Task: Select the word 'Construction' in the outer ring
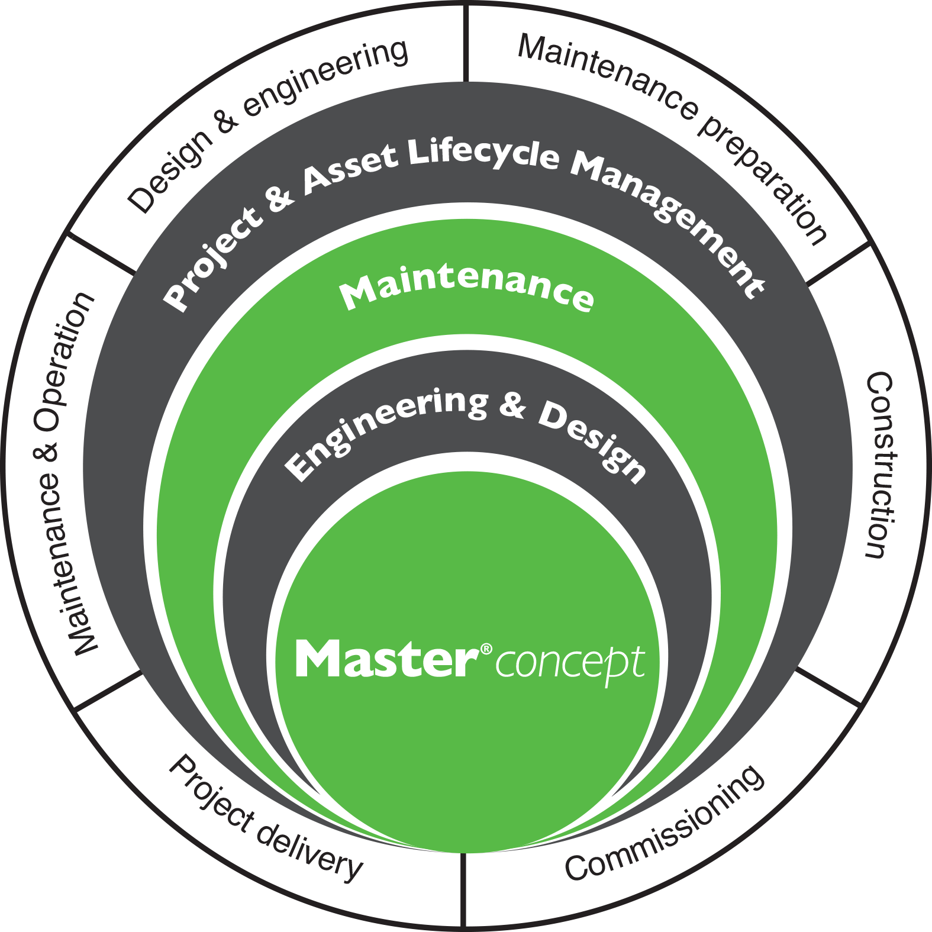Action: [x=879, y=465]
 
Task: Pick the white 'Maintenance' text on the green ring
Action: [x=467, y=289]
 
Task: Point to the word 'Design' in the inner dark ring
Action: [x=592, y=438]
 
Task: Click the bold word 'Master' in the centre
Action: [x=388, y=658]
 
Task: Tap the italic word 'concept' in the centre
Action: [x=570, y=664]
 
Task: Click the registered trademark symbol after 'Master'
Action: [x=486, y=649]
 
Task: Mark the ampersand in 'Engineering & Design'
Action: [x=512, y=405]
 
